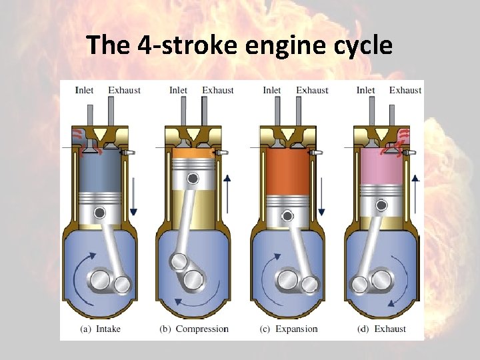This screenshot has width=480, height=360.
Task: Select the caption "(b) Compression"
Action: point(194,329)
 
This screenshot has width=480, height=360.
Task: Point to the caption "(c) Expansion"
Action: point(289,329)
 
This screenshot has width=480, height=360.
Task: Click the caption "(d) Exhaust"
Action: point(381,329)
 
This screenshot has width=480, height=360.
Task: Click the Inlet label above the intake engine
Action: point(85,90)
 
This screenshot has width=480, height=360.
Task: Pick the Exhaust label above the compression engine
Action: point(218,90)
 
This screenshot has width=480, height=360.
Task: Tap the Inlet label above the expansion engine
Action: point(272,90)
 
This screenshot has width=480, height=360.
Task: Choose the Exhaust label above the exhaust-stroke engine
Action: point(405,90)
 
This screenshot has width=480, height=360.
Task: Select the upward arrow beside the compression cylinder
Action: point(227,193)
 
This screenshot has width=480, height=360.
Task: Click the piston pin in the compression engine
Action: point(193,178)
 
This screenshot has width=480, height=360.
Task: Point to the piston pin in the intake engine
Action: point(99,213)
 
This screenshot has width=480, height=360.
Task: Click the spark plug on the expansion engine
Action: point(316,153)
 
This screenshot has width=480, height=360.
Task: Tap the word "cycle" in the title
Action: point(361,45)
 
